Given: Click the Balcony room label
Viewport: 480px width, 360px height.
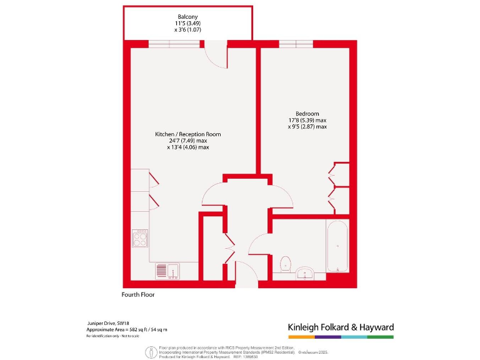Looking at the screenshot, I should [x=187, y=17].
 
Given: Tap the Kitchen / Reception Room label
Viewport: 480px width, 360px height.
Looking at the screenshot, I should [x=187, y=134].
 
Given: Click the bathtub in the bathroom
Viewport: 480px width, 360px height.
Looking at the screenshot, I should [x=337, y=246].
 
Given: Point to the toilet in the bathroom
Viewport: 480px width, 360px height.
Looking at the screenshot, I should [x=286, y=264].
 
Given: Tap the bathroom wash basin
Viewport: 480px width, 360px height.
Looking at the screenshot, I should [x=306, y=272].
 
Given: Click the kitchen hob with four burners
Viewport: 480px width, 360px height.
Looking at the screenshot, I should [x=140, y=237].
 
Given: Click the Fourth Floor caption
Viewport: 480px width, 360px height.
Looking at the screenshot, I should [x=138, y=294].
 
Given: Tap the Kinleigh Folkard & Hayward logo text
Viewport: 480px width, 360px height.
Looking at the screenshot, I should [x=340, y=327].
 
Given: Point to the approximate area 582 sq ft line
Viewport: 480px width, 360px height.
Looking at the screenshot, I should [x=127, y=329].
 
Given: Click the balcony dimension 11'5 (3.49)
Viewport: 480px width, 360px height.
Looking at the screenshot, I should [x=187, y=23].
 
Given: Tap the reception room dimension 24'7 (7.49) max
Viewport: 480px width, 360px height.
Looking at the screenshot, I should [x=187, y=141].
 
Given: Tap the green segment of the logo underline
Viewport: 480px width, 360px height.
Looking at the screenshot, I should [x=381, y=337].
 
